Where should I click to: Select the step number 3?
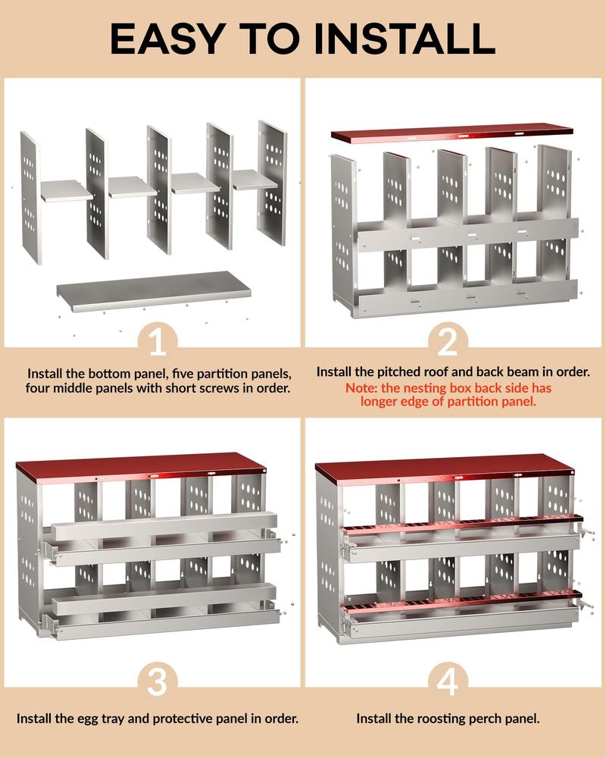[x=157, y=681]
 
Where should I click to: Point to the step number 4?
[x=448, y=681]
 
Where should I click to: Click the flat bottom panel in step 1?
[x=154, y=289]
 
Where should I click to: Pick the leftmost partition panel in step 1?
[x=29, y=197]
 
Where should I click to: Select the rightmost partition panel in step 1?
[x=273, y=182]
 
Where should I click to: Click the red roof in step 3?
[x=140, y=464]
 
